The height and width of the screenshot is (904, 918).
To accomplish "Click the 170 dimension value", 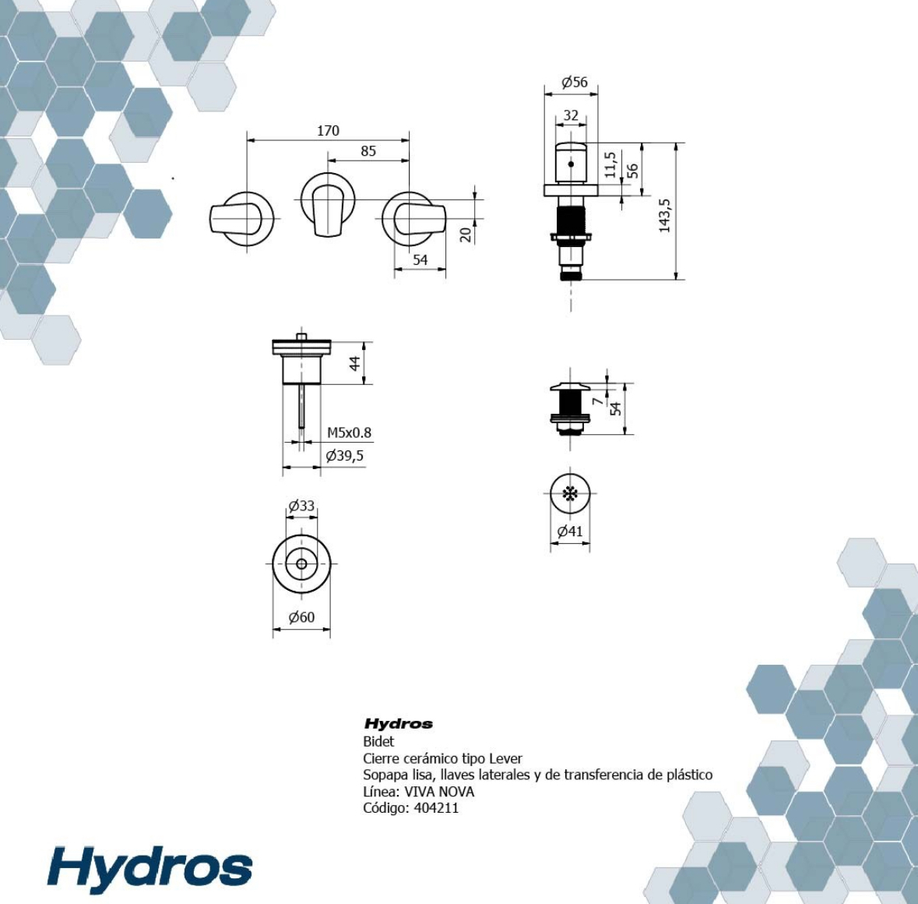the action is [328, 131].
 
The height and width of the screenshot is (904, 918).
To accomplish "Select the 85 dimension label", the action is [368, 151].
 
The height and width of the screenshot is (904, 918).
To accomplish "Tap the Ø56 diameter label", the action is [575, 82].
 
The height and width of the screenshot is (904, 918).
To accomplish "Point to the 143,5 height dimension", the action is [664, 216].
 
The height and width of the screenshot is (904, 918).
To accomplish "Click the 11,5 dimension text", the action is [610, 164].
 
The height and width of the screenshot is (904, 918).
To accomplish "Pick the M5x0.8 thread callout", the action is [349, 433].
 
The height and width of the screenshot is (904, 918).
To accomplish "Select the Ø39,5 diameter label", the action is [345, 456].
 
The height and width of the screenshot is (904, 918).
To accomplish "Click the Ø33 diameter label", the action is [301, 506].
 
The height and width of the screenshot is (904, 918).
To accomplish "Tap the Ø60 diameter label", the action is [301, 617].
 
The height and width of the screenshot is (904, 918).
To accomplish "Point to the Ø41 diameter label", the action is [570, 531].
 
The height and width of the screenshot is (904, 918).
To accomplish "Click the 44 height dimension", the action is [355, 363].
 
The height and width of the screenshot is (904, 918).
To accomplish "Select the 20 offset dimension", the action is [466, 235].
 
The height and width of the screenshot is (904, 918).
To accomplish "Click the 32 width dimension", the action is [571, 115].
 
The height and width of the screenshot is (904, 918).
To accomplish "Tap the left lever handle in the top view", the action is [235, 218].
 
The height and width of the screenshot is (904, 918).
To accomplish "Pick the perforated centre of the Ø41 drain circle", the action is [570, 493].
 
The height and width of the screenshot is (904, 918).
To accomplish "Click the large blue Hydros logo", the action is [149, 870].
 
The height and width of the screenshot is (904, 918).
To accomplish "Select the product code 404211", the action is [436, 808].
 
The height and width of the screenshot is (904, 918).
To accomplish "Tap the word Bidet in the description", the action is [378, 741].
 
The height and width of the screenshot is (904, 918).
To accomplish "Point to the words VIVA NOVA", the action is [439, 792].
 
